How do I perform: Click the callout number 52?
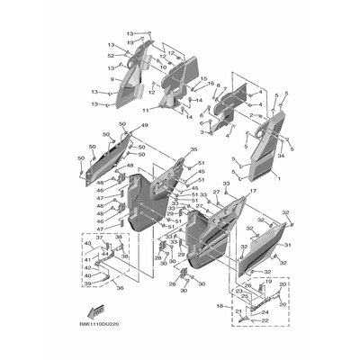[111, 55]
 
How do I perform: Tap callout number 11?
[145, 109]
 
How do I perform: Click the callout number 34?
[282, 156]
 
